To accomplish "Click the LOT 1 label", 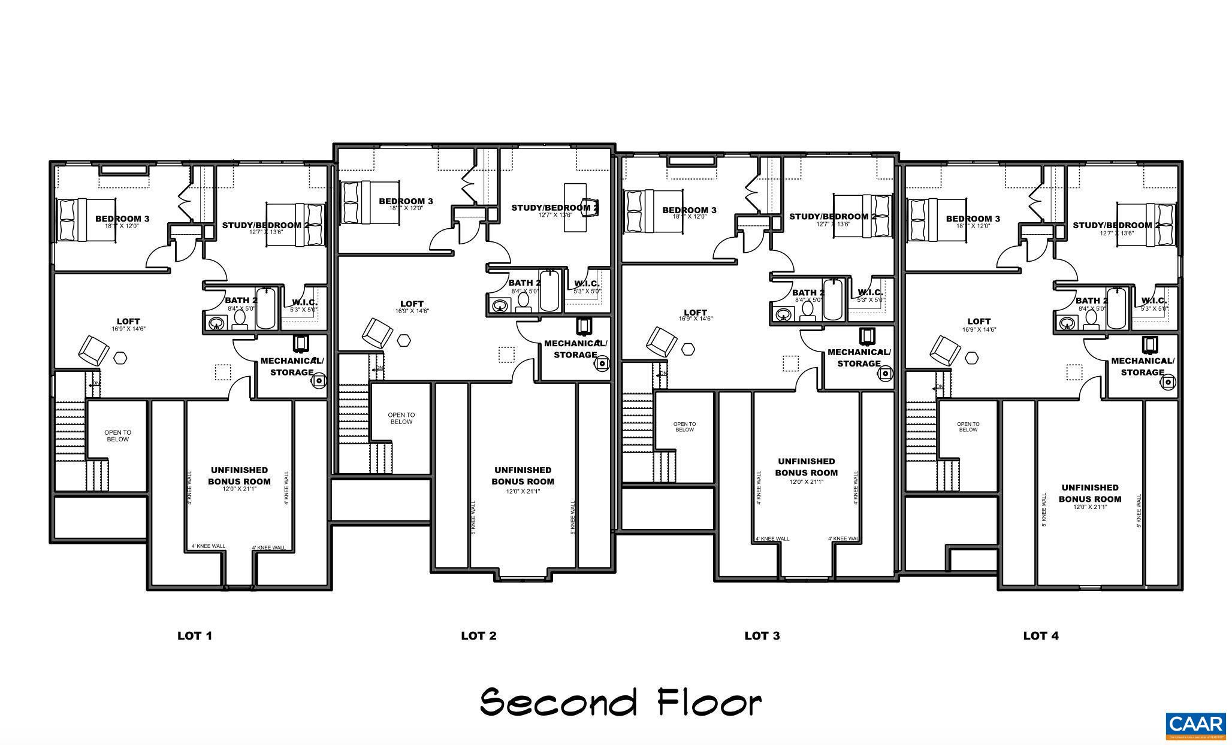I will coord(195,635).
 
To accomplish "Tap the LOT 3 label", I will coord(762,635).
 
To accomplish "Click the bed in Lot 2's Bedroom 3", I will coord(369,202).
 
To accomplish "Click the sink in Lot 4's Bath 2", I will coord(1067,324).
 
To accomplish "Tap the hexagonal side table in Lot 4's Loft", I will coord(971,358).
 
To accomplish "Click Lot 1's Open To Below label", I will coord(117,436).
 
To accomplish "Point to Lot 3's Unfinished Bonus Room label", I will coord(806,467).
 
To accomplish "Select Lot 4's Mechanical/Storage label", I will coord(1142,367).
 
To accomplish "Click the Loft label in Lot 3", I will coord(695,313).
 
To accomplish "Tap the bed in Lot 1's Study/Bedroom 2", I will coord(309,225).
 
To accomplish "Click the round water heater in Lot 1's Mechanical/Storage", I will coord(320,379).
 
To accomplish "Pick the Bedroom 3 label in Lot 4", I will coord(973,219).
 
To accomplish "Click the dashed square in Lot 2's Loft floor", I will coord(506,355).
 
